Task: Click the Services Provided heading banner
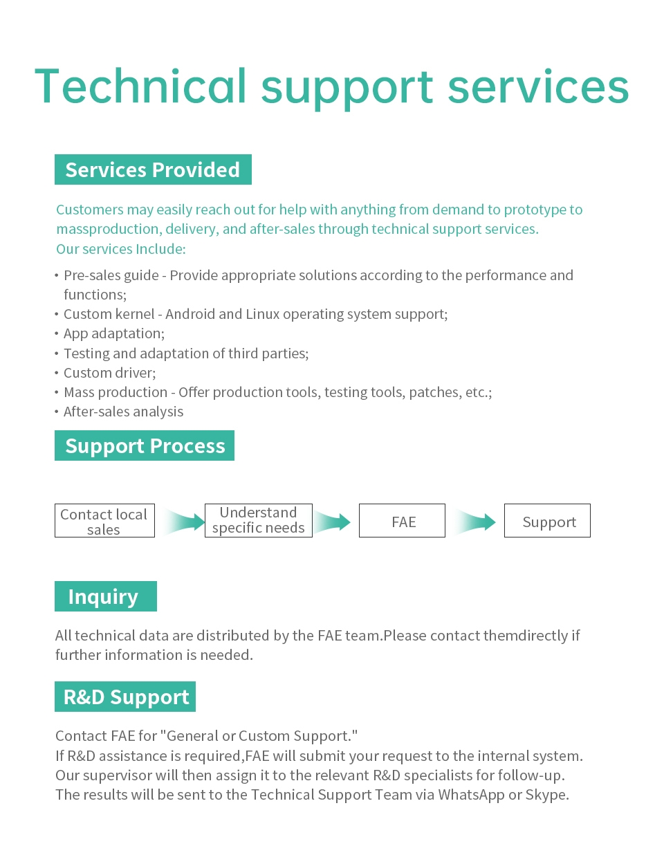point(153,169)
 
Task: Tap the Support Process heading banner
point(145,445)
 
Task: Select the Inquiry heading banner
point(105,596)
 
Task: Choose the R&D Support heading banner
point(125,697)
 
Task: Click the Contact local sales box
point(104,520)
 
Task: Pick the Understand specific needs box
point(259,520)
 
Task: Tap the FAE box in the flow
point(402,520)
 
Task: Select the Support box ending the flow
point(547,520)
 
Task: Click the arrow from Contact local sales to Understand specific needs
point(184,522)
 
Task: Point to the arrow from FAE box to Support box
point(474,522)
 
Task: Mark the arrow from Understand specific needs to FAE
point(331,522)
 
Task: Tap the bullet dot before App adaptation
point(57,334)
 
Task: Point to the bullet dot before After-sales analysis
point(57,412)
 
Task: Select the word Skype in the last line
point(547,795)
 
